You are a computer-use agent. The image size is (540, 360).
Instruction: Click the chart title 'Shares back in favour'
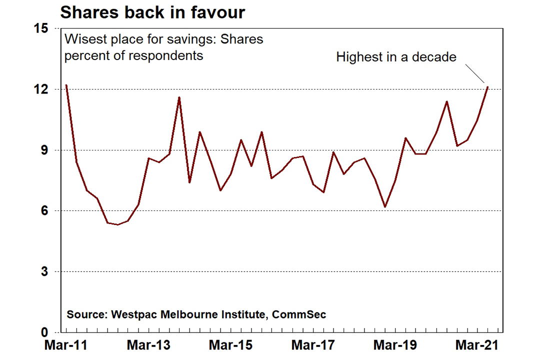pos(152,12)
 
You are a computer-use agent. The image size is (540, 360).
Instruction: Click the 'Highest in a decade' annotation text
pos(396,57)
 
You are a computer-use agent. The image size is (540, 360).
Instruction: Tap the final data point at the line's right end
pos(487,87)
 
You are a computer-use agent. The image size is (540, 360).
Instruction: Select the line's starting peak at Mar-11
pos(66,85)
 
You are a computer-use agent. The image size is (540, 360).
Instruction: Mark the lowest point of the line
pos(117,225)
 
